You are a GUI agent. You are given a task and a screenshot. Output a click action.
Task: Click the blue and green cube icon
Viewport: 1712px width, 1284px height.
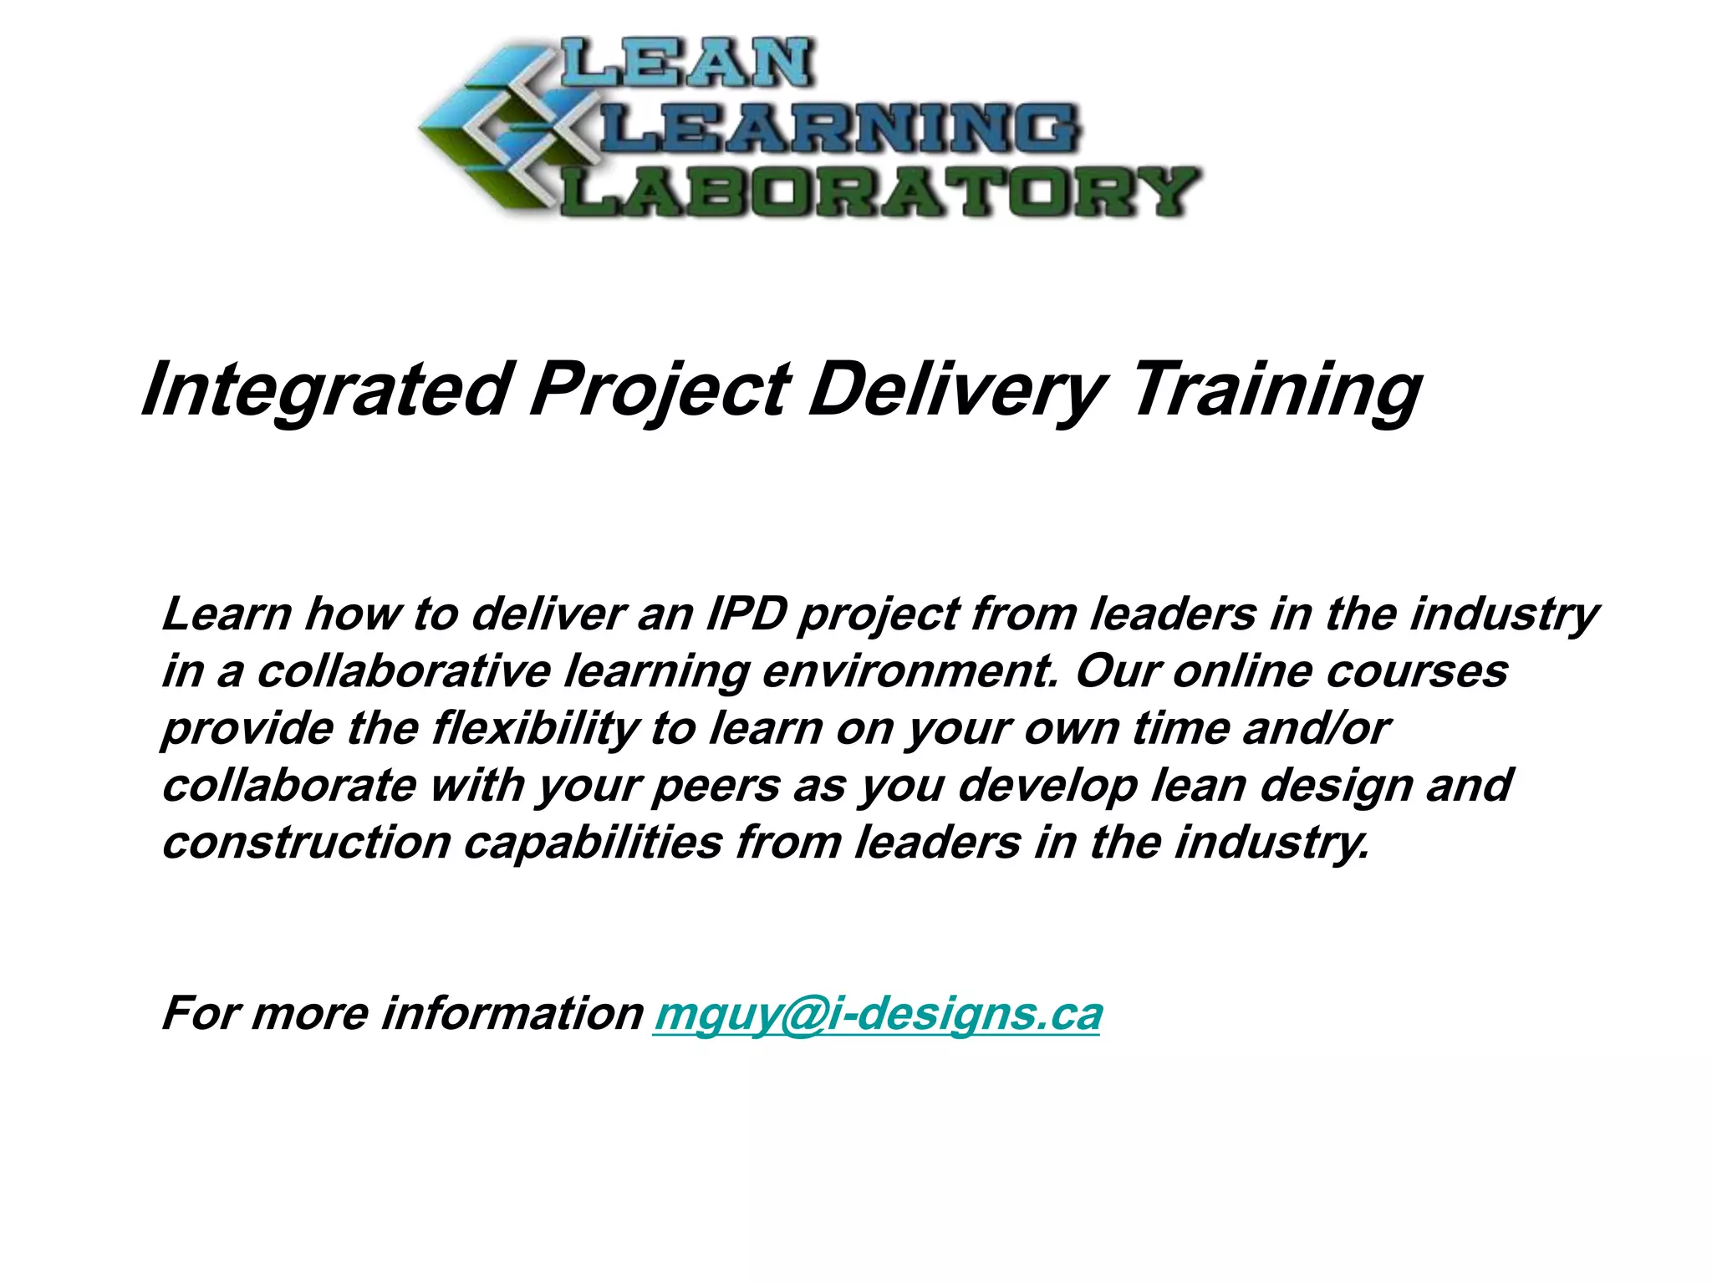[493, 130]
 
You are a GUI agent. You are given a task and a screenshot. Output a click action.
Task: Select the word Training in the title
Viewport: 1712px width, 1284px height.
[1275, 390]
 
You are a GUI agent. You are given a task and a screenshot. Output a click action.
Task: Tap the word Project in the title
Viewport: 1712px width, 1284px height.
[660, 390]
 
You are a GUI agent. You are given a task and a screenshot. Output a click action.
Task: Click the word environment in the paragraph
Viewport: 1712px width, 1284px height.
[910, 671]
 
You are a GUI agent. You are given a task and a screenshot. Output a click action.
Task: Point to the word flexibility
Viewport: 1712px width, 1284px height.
[536, 728]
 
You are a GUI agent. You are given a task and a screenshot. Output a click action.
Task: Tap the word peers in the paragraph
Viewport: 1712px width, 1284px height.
[716, 786]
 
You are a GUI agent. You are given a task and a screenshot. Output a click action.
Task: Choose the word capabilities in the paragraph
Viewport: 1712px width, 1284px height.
[594, 843]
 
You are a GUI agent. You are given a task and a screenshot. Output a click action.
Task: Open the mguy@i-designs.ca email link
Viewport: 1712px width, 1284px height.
[878, 1014]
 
